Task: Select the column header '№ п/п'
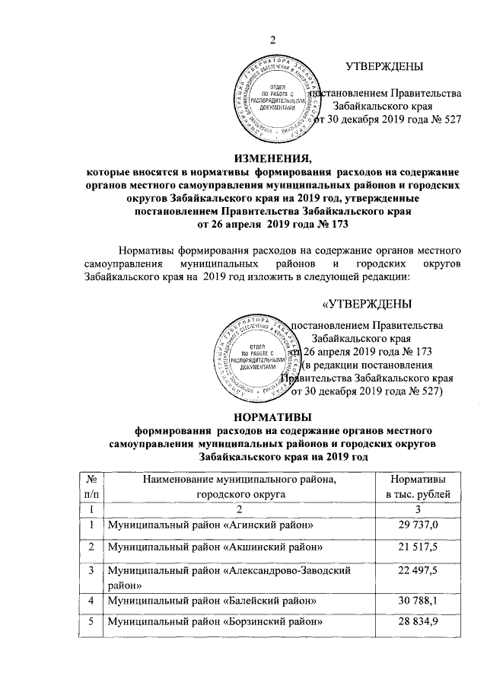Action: [91, 487]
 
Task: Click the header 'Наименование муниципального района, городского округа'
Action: [241, 487]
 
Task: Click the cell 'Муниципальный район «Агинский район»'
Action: [211, 525]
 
